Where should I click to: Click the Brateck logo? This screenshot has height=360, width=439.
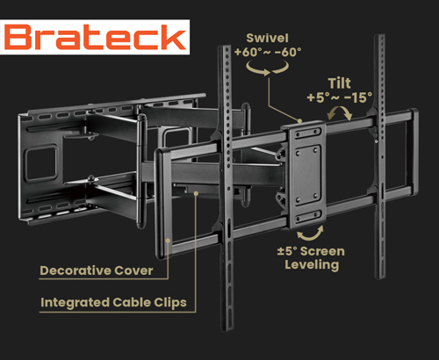coord(95,37)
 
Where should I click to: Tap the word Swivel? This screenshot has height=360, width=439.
coord(267,38)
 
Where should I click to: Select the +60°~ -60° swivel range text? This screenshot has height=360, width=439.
coord(268,52)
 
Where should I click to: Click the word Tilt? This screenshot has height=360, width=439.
coord(339,83)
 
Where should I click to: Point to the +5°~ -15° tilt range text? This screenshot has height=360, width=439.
coord(340,97)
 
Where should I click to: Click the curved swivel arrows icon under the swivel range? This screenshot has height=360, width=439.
coord(268,68)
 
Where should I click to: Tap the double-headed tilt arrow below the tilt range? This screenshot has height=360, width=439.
coord(340,113)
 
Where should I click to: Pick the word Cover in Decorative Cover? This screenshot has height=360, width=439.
coord(133,270)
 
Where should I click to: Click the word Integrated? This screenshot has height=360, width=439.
coord(76,303)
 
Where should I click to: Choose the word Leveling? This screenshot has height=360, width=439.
coord(312,264)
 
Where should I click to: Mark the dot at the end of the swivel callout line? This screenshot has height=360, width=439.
coord(299,120)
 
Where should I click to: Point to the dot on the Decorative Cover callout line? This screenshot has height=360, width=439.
coord(168,241)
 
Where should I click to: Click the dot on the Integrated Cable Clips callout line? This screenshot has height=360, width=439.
coord(196,193)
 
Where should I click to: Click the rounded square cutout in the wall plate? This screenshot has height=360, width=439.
coord(41,162)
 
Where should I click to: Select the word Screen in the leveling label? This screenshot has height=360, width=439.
coord(322,251)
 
